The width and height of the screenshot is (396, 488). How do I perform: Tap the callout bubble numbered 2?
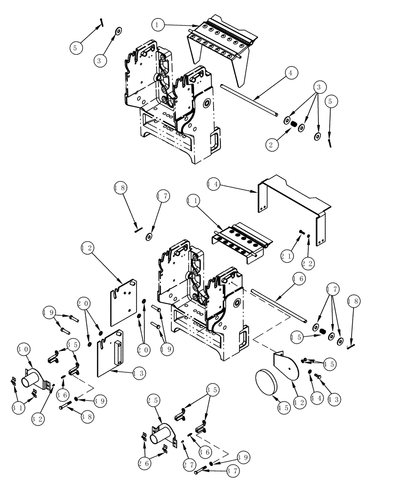pyautogui.click(x=272, y=144)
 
